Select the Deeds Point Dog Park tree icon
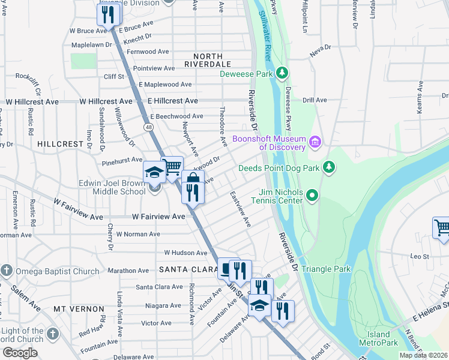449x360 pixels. pos(328,166)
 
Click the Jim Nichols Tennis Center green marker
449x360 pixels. pos(312,195)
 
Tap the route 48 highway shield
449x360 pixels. pos(148,127)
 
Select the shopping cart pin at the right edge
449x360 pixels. pos(442,228)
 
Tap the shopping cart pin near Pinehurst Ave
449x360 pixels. pos(172,167)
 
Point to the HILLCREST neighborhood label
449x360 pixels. pos(59,144)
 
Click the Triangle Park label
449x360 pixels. pos(326,269)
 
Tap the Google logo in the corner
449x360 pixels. pos(20,353)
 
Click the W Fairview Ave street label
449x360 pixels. pos(158,216)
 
